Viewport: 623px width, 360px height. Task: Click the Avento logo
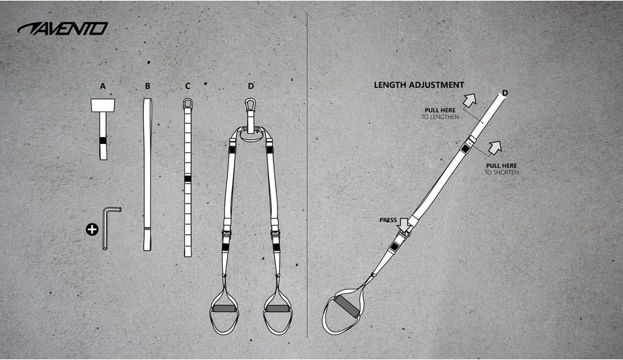click(63, 28)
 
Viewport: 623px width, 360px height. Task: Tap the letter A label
click(103, 87)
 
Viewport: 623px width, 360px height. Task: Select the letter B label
click(148, 87)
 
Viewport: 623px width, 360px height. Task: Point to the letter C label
click(188, 87)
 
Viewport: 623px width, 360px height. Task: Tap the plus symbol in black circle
click(92, 229)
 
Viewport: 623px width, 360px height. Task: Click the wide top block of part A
click(103, 105)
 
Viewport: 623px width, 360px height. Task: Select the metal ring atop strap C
click(188, 103)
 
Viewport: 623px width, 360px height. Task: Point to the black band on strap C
click(188, 179)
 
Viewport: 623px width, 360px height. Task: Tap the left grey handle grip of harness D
click(224, 308)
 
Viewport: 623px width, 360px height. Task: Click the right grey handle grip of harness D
click(278, 308)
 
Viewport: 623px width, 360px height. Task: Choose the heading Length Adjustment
click(419, 85)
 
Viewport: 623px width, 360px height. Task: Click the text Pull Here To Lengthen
click(440, 114)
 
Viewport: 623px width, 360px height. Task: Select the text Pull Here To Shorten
click(501, 169)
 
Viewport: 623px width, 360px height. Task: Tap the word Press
click(388, 220)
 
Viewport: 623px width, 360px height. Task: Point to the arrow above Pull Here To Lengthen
click(469, 100)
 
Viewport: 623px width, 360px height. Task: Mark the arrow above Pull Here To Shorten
click(495, 148)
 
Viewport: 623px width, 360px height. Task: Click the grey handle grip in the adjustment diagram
click(347, 306)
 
